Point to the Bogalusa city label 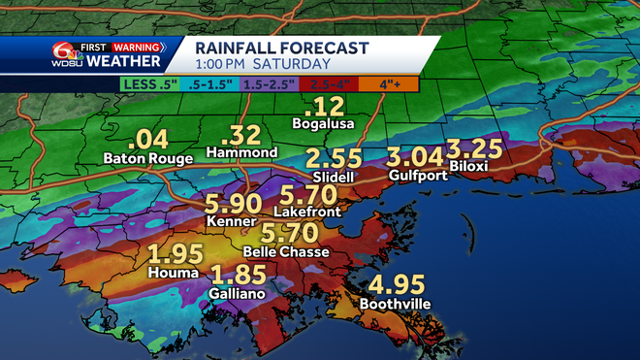pos(322,123)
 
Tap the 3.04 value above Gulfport pos(413,156)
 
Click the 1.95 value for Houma pos(176,254)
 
